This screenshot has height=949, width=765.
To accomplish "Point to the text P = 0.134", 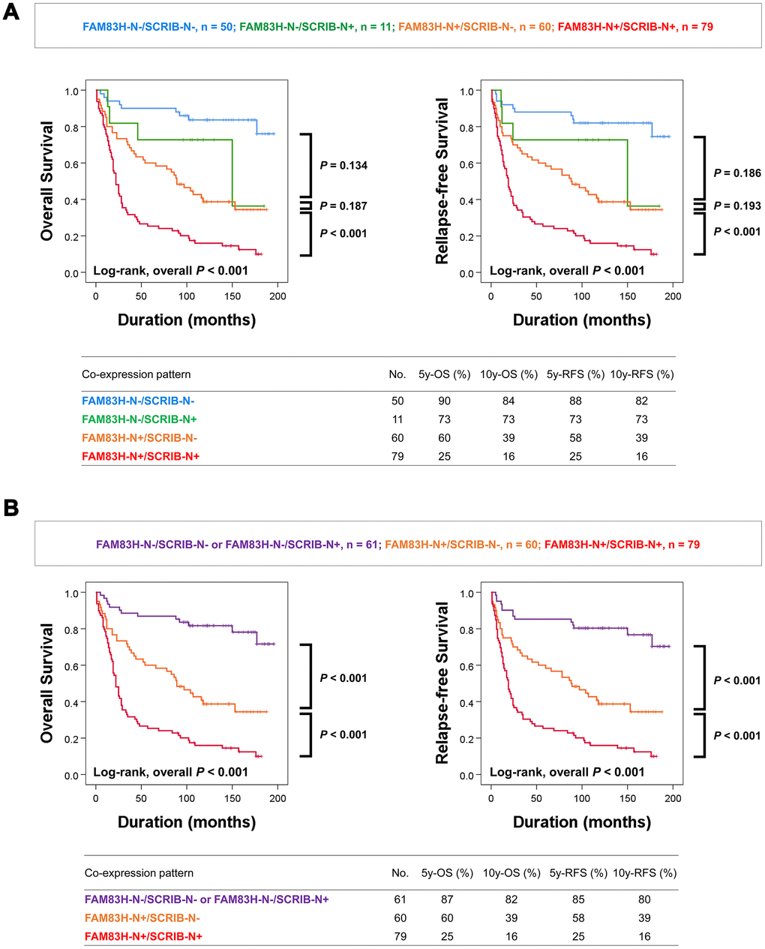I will point(343,165).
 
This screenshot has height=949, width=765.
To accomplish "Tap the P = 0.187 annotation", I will point(343,206).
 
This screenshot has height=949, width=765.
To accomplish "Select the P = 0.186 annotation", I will point(737,173).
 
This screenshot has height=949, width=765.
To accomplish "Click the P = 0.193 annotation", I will point(737,206).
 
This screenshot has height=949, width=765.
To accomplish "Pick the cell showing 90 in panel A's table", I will point(445,401).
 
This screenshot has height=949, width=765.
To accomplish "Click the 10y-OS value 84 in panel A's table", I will point(509,401).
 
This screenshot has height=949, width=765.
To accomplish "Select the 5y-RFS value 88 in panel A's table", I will point(575,401).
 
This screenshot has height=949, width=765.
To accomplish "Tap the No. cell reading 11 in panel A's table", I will point(397,419).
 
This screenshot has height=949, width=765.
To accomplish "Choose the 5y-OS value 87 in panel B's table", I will point(447,899).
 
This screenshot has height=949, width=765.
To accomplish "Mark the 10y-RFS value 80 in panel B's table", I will point(644,899).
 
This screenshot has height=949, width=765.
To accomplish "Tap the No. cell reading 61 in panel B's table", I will point(400,899).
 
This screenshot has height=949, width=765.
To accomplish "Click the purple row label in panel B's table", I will point(207,899).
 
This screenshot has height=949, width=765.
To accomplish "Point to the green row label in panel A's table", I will point(139,419).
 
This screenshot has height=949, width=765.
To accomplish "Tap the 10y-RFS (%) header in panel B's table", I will point(644,873).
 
